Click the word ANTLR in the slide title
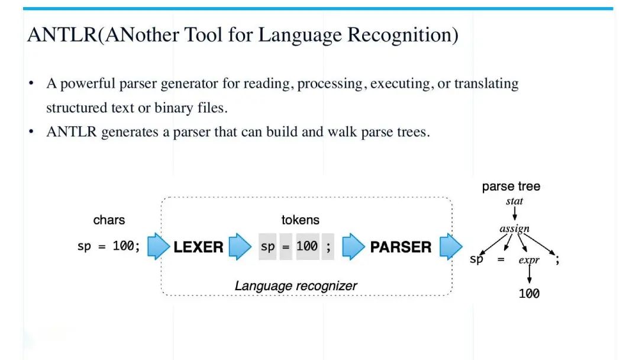coord(62,35)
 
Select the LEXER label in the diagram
coord(198,247)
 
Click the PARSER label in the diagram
coord(401,247)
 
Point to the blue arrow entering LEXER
coord(159,246)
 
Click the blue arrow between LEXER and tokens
coord(240,246)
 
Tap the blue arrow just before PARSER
coord(353,246)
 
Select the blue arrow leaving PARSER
coord(451,246)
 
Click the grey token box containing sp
coord(268,247)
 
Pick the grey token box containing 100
coord(307,247)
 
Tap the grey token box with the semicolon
coord(328,247)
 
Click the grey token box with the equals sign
coord(286,247)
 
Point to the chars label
coord(109,220)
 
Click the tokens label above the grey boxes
coord(301,220)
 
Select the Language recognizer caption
coord(296,286)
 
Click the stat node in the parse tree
coord(514,201)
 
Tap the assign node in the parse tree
coord(514,229)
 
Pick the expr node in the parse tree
coord(529,260)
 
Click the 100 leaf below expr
coord(529,294)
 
